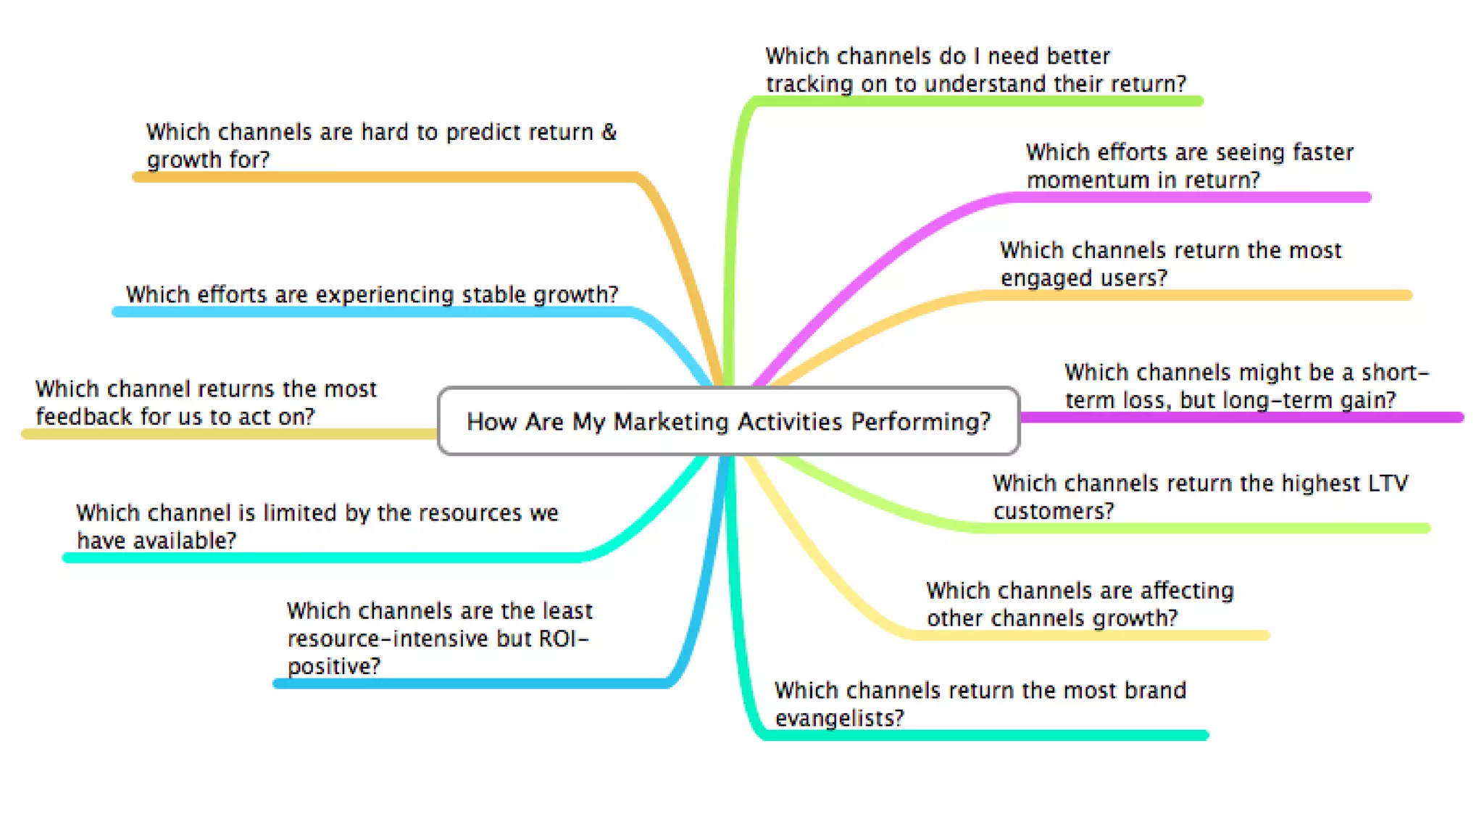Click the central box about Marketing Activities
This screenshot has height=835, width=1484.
(x=728, y=421)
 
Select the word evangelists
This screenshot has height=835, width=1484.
(x=839, y=718)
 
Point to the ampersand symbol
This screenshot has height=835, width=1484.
(x=609, y=132)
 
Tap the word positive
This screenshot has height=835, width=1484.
(x=333, y=666)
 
